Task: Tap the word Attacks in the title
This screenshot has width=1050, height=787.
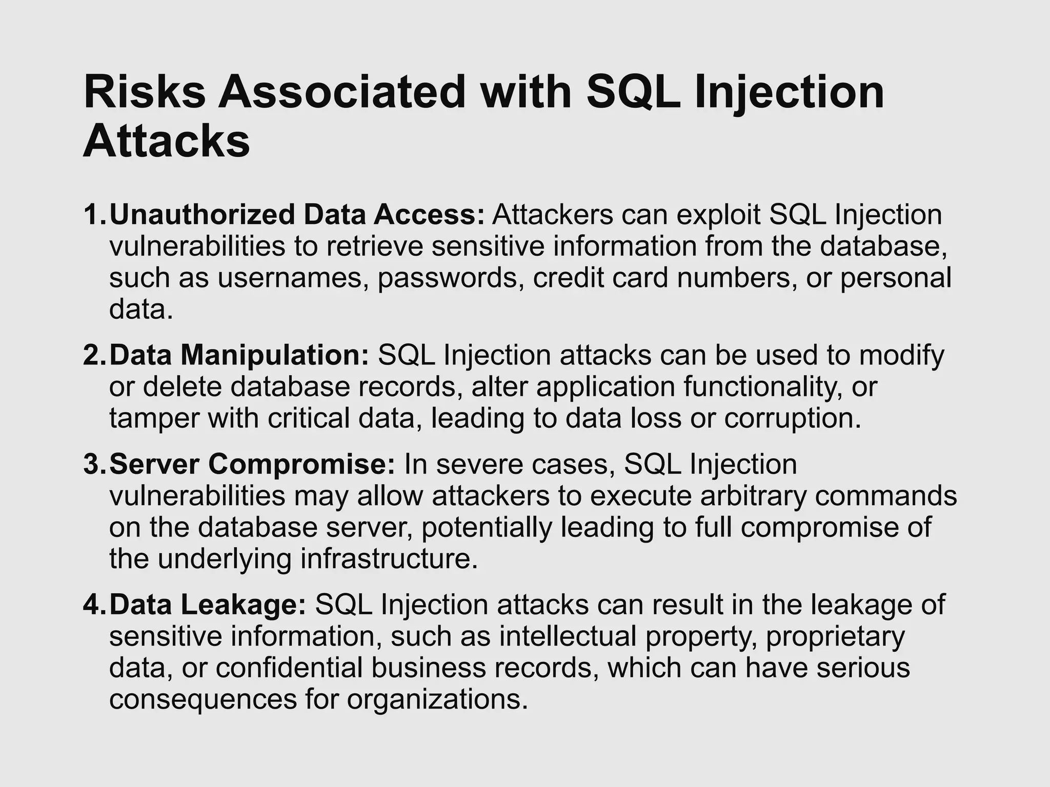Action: pos(167,140)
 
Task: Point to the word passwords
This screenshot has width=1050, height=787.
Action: pos(451,278)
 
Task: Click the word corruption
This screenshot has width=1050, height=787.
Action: pos(792,419)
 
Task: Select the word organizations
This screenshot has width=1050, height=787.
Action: pos(437,700)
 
